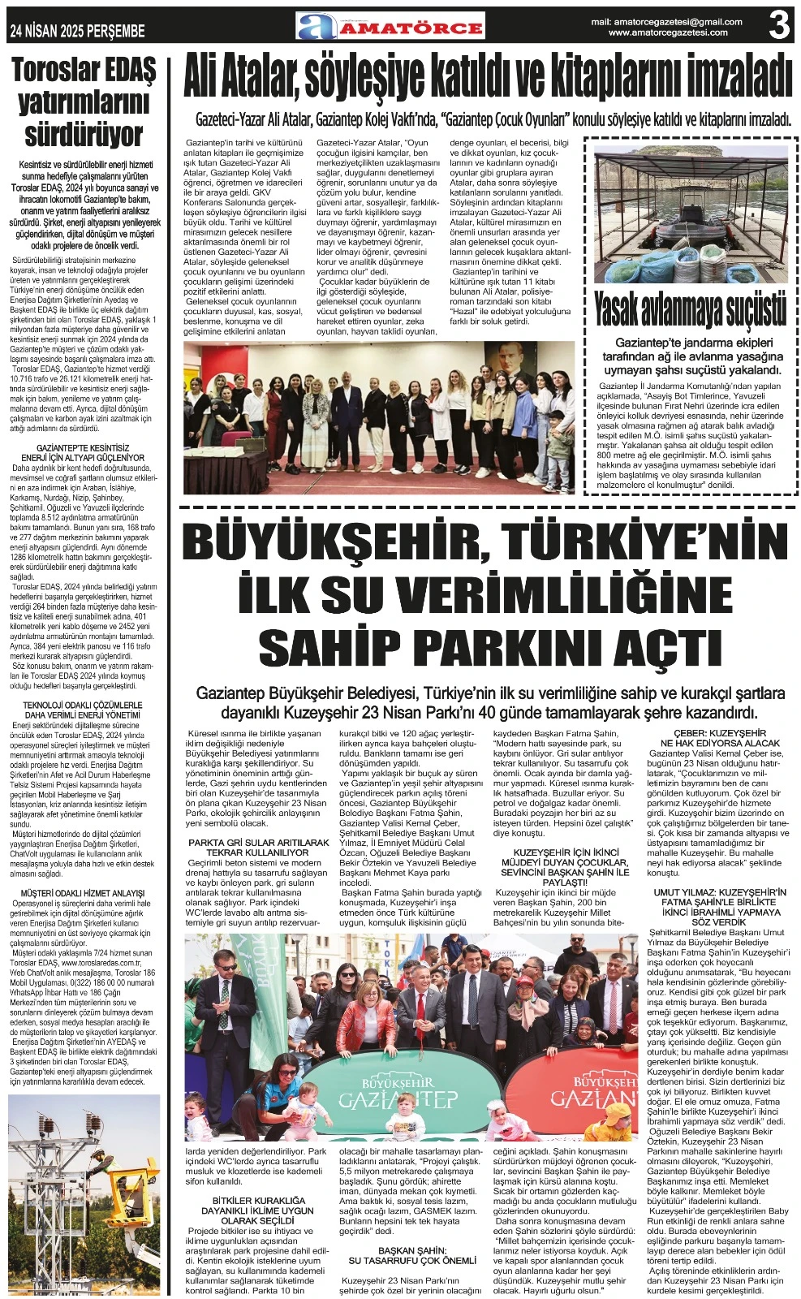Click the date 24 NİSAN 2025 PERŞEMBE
coord(77,31)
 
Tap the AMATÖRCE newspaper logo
coord(390,27)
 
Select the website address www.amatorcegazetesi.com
coord(667,33)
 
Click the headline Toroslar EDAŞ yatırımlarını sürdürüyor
coord(84,103)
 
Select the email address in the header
coord(666,22)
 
